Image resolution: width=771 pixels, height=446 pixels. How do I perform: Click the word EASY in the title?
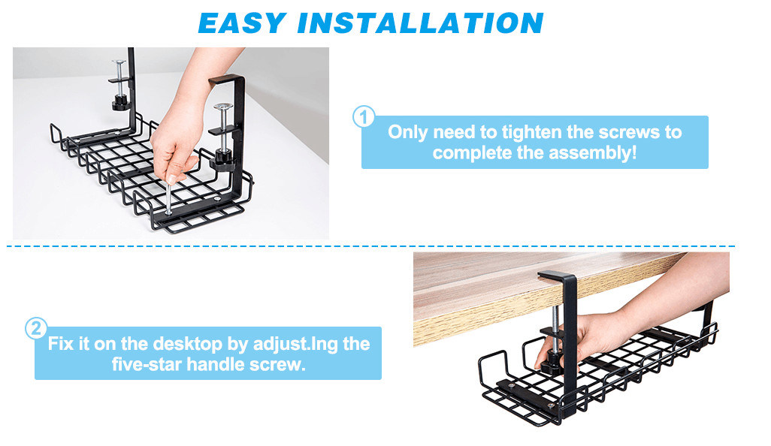[x=242, y=23]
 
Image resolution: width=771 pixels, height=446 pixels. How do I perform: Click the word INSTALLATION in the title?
[x=420, y=23]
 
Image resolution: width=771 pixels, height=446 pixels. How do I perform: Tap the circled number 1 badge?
[x=364, y=117]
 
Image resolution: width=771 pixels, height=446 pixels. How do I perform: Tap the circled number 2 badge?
[x=36, y=329]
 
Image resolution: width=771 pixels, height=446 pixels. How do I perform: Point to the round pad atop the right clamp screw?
[x=222, y=107]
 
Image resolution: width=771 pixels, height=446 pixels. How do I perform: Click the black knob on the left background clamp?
[x=120, y=103]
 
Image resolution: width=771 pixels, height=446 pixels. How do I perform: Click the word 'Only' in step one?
[x=407, y=133]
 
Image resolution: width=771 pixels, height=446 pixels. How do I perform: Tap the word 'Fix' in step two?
[x=61, y=343]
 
